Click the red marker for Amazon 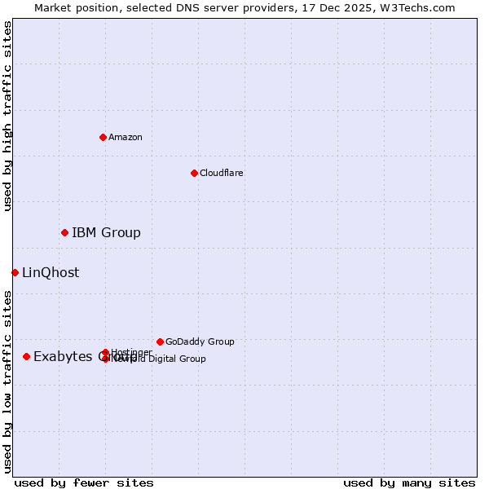103,137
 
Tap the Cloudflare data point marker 194,173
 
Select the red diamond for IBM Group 64,233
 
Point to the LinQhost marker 15,272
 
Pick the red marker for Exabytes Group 26,356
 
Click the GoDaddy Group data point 160,341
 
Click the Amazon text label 126,137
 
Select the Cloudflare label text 221,173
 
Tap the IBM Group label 106,233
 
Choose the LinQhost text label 51,273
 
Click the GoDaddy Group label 200,341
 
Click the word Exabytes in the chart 63,356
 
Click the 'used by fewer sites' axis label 84,482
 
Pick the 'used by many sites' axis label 409,482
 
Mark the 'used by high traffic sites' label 7,116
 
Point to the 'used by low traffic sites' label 7,381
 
